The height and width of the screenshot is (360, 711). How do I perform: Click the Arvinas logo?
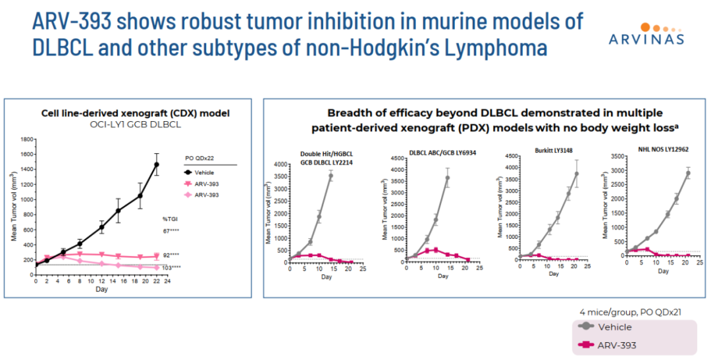tap(643, 33)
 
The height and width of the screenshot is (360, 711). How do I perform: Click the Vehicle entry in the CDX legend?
tap(207, 173)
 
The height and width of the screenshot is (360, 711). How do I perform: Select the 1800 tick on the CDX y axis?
tap(27, 140)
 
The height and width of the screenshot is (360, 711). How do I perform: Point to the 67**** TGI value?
tap(171, 230)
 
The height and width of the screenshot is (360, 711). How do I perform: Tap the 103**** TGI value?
tap(172, 267)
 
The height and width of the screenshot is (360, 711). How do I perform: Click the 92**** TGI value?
tap(171, 254)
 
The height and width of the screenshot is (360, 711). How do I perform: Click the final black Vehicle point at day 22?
tap(157, 165)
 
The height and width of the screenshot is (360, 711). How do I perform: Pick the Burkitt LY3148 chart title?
tap(549, 151)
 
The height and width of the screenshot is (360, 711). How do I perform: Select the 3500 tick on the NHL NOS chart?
tap(616, 157)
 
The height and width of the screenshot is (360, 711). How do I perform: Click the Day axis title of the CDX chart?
tap(101, 290)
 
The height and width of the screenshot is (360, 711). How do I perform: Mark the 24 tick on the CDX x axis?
tap(168, 280)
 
